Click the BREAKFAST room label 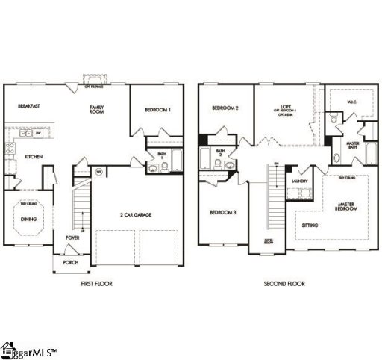(x=29, y=107)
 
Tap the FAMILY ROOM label (x=97, y=110)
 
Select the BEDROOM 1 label (x=158, y=110)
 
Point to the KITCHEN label (x=33, y=156)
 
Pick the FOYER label (x=72, y=238)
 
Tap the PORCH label (x=71, y=262)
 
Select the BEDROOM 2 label (x=225, y=108)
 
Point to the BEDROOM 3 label (x=223, y=212)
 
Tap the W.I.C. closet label (x=354, y=102)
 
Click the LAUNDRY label (x=301, y=181)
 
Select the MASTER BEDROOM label (x=346, y=207)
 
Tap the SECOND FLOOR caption (x=284, y=284)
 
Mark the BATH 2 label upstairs (x=220, y=153)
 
